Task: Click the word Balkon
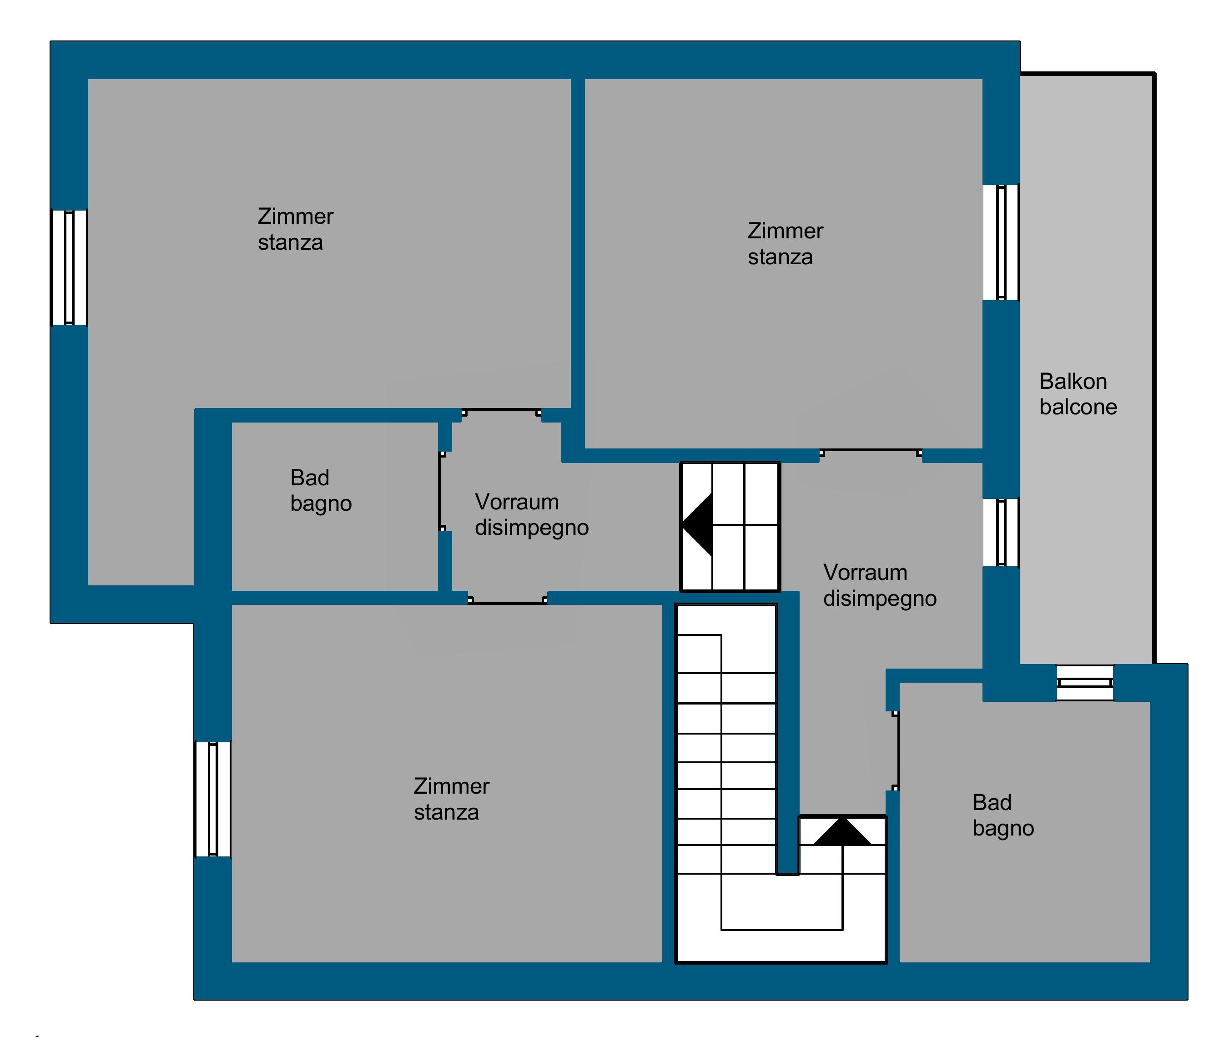point(1073,382)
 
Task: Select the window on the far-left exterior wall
point(70,267)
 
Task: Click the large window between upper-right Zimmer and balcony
point(1001,242)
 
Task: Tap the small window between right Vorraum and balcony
point(1001,532)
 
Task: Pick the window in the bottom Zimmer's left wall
point(213,799)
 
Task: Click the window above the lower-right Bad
point(1085,683)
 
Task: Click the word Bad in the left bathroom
point(310,478)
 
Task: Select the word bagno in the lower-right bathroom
point(1003,829)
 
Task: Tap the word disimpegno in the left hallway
point(531,528)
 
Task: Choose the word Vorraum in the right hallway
point(866,573)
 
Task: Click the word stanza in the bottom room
point(446,812)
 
